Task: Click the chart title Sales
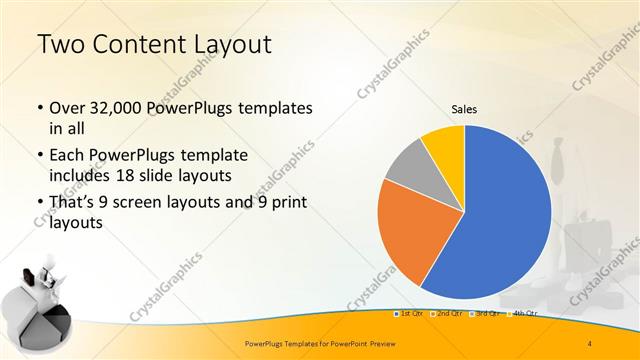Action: pyautogui.click(x=464, y=108)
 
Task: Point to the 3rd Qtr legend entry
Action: pyautogui.click(x=487, y=314)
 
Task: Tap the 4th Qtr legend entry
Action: pyautogui.click(x=524, y=314)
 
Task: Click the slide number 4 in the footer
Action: pyautogui.click(x=589, y=344)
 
